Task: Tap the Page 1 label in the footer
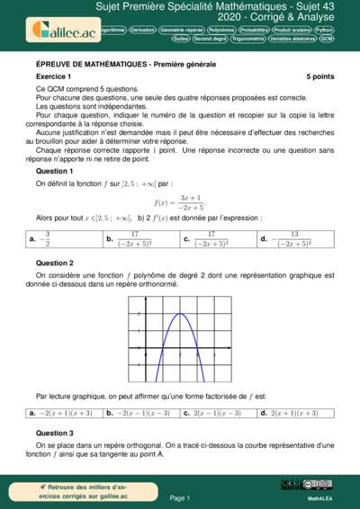coord(179,496)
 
